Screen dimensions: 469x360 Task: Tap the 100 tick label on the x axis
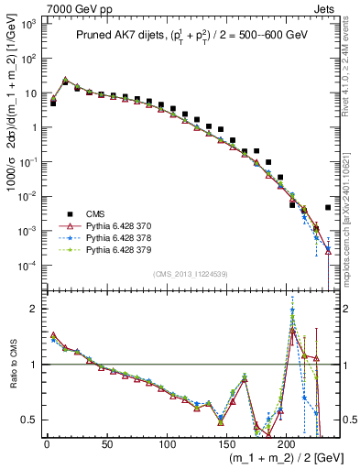(x=167, y=445)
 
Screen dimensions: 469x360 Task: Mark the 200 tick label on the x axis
(x=287, y=445)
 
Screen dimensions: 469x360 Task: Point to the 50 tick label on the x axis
(x=106, y=445)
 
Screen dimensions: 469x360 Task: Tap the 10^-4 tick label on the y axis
(x=27, y=266)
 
